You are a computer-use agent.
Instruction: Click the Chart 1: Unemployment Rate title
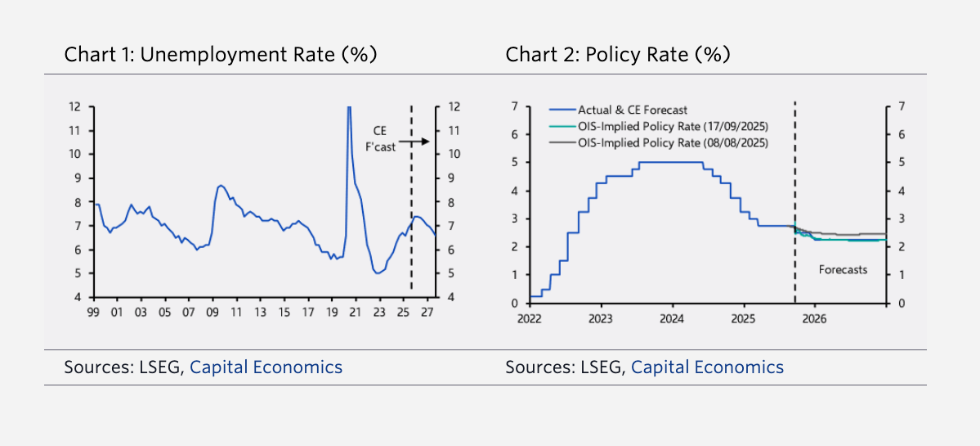point(220,55)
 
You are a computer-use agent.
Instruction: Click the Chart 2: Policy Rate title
point(617,55)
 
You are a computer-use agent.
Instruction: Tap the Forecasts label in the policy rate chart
point(843,269)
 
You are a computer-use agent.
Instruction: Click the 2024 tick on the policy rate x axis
point(672,318)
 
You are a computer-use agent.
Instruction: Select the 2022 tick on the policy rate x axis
point(529,318)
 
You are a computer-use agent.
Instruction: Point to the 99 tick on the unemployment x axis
point(97,312)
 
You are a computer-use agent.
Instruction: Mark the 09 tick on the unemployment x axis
point(213,312)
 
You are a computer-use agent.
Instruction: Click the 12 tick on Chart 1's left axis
point(74,106)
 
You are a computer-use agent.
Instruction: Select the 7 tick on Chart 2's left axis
point(514,106)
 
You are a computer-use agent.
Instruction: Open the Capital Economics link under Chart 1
point(266,367)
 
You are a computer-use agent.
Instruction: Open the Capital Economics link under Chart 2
point(707,367)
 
